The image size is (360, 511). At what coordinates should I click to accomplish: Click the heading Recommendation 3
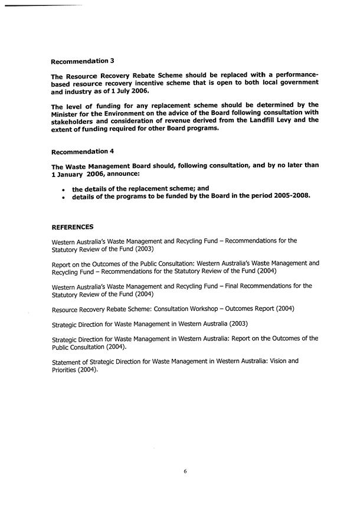83,61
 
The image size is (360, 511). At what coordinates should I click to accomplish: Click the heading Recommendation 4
83,151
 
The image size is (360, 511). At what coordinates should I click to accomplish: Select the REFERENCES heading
72,226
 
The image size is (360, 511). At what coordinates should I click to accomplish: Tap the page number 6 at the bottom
185,471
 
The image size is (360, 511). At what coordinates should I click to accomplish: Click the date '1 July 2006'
130,92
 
